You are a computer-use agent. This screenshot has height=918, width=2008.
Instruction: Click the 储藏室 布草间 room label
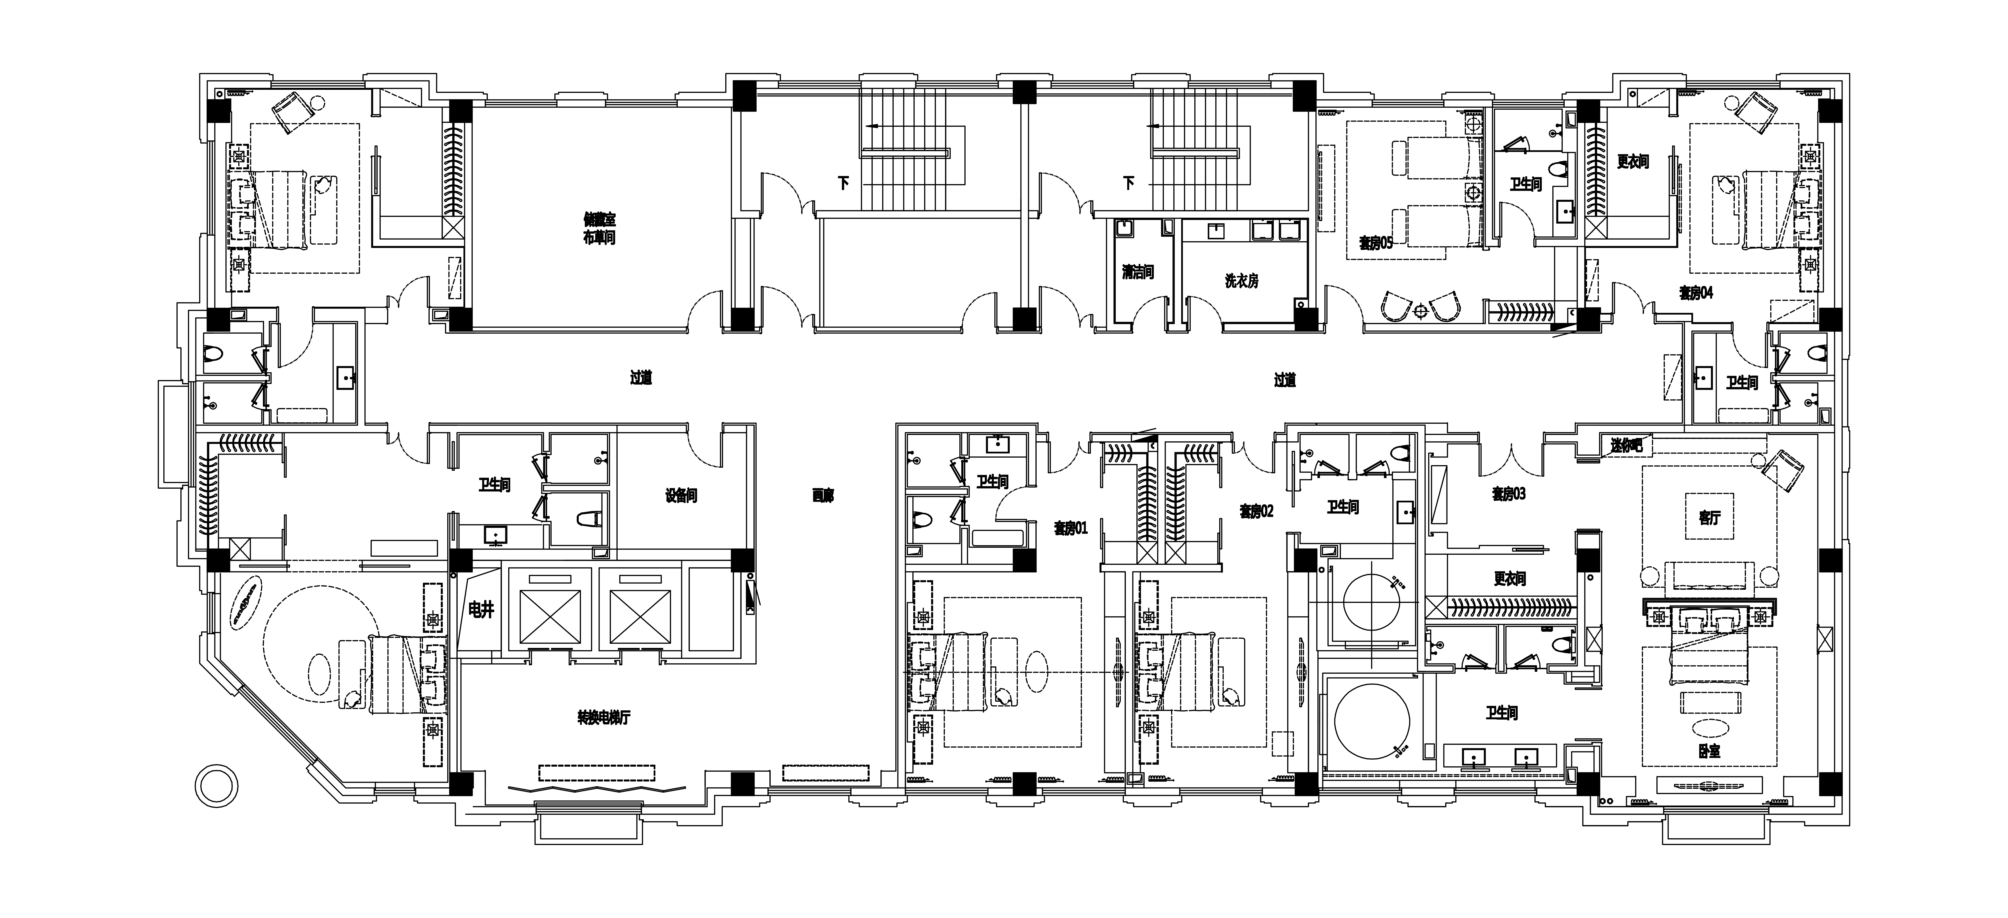(x=599, y=228)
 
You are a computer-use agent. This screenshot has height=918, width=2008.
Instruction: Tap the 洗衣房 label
(x=1241, y=281)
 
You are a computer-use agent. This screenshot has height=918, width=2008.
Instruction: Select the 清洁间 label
(x=1137, y=272)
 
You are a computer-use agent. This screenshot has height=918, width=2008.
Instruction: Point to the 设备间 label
(x=681, y=495)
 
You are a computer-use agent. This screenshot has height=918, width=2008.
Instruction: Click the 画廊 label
(x=823, y=495)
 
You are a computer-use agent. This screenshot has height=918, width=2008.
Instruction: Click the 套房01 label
(x=1070, y=528)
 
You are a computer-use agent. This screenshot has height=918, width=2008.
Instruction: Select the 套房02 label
(x=1256, y=511)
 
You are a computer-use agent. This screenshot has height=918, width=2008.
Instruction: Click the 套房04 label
(x=1695, y=292)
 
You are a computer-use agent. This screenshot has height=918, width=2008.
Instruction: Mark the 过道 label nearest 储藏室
(x=641, y=378)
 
